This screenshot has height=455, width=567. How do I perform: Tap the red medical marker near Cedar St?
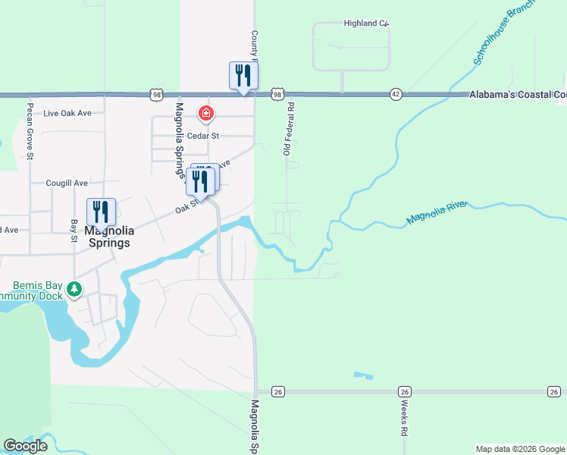pos(205,115)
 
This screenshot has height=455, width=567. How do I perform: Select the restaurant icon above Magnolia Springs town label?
pos(101,212)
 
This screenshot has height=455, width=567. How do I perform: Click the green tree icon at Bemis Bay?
pos(74,289)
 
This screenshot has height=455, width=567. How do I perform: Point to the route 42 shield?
pos(396,94)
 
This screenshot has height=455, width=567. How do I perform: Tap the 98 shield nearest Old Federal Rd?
pos(278,94)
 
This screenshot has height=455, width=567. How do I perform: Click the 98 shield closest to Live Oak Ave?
pos(156,94)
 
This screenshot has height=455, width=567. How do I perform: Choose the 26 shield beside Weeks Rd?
pos(405,391)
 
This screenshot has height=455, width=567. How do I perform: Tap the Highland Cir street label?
pos(365,24)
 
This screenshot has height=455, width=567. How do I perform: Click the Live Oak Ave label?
pos(67,114)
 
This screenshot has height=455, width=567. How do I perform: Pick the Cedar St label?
pos(203,136)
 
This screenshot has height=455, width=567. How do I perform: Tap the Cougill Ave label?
pos(67,183)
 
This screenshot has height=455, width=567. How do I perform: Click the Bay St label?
pos(74,231)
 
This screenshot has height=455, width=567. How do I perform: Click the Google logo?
pos(26,446)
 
